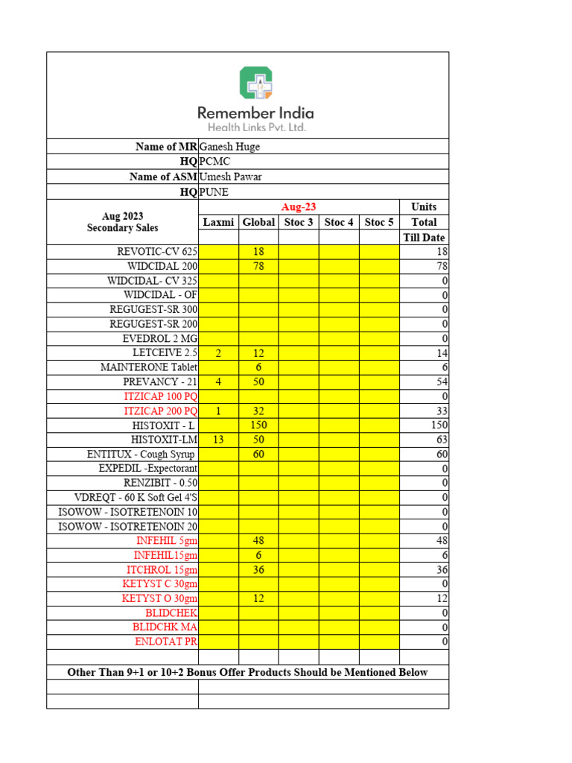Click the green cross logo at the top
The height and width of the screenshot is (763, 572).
pos(255,83)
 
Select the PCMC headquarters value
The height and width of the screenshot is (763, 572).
pos(214,162)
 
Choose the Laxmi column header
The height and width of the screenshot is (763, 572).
pos(218,222)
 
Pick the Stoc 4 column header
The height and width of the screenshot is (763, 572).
pos(339,222)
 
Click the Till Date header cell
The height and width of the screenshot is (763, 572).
pos(424,238)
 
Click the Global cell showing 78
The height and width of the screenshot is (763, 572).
pos(258,266)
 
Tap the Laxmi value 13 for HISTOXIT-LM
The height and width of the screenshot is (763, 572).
pos(218,439)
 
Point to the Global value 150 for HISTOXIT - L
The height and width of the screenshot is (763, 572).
pos(258,424)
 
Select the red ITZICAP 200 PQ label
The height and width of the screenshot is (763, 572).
pos(160,411)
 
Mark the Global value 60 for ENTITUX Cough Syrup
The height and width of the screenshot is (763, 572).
pos(258,454)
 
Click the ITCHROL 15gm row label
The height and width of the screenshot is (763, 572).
pos(162,569)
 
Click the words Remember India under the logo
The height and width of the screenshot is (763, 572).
pos(255,113)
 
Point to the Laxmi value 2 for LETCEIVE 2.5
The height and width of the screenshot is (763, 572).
pos(218,352)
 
